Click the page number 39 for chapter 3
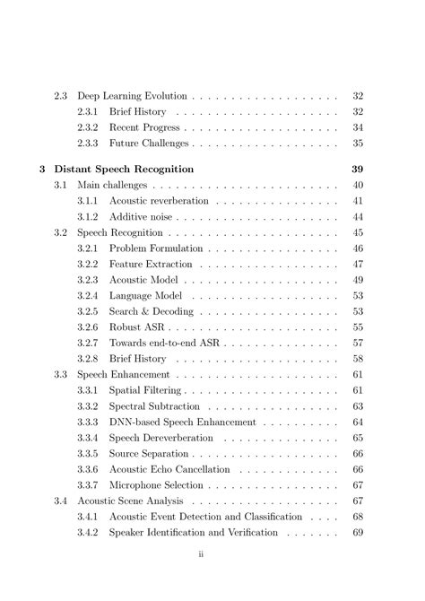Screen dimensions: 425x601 pos(357,168)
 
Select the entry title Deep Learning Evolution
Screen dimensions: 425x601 pos(132,95)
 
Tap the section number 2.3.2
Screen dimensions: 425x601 pos(87,127)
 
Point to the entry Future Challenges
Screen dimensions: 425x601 pos(149,144)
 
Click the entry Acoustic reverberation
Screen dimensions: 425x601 pos(158,201)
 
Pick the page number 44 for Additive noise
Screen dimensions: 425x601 pos(358,217)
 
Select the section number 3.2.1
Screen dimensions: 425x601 pos(87,248)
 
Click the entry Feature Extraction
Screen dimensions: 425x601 pos(151,265)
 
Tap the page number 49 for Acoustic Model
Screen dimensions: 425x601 pos(358,281)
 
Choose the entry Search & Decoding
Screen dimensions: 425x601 pos(151,312)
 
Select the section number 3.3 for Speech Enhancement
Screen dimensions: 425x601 pos(60,374)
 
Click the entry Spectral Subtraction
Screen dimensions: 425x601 pos(155,406)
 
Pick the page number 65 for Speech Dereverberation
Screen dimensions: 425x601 pos(358,439)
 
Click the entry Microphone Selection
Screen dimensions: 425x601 pos(156,485)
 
